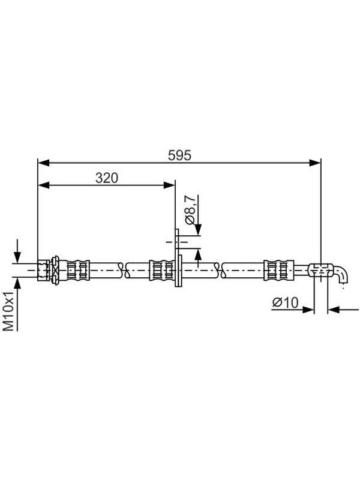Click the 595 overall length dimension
tap(179, 155)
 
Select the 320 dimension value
tap(107, 178)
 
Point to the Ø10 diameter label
tap(286, 302)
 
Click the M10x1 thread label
tap(8, 311)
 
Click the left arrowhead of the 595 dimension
tap(43, 163)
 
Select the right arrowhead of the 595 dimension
tap(315, 163)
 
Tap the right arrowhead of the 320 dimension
tap(169, 185)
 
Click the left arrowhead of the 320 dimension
tap(43, 185)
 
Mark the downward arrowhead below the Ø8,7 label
tap(198, 230)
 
